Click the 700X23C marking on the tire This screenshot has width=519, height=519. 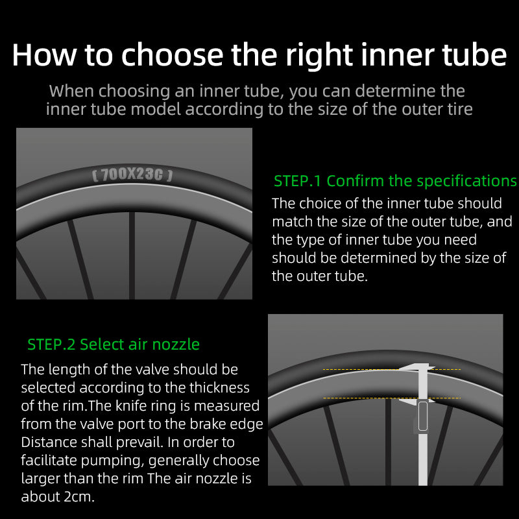coord(132,175)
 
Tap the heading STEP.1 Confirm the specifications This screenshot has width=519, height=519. coord(395,181)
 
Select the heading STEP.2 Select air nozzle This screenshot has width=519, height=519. coord(114,344)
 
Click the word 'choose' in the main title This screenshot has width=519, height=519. coord(172,54)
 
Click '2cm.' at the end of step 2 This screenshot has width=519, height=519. coord(79,496)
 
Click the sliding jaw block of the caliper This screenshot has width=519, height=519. coord(423,416)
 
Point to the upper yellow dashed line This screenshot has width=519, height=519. coord(392,369)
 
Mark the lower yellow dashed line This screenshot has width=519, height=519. coord(392,398)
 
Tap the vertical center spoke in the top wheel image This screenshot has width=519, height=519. coord(132,256)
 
